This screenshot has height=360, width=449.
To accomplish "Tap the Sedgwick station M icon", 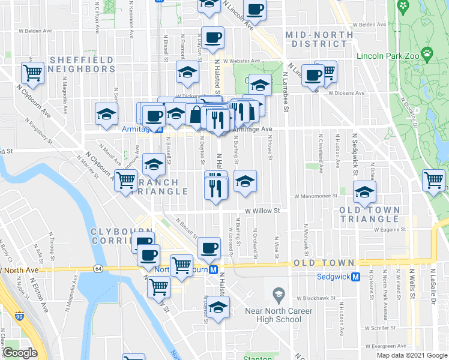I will [x=355, y=277].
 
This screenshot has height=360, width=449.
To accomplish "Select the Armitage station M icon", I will [x=158, y=129].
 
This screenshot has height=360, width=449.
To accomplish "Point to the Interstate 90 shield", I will [x=20, y=316].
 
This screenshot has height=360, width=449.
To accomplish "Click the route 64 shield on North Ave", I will [x=98, y=268].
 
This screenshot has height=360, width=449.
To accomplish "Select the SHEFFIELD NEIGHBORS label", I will [x=82, y=64].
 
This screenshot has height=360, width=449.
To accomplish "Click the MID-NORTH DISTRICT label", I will [x=319, y=40].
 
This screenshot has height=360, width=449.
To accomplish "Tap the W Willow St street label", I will [x=262, y=211].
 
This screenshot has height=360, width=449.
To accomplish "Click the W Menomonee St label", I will [x=316, y=196].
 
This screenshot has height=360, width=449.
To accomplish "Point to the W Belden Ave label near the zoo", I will [x=369, y=25].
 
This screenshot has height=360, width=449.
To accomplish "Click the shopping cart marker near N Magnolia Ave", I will [x=32, y=73].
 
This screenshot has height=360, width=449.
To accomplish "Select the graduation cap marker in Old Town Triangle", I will [x=364, y=193].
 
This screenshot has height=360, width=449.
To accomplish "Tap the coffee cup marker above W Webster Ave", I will [x=212, y=37].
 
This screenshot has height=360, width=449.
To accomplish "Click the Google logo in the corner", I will [x=20, y=353].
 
